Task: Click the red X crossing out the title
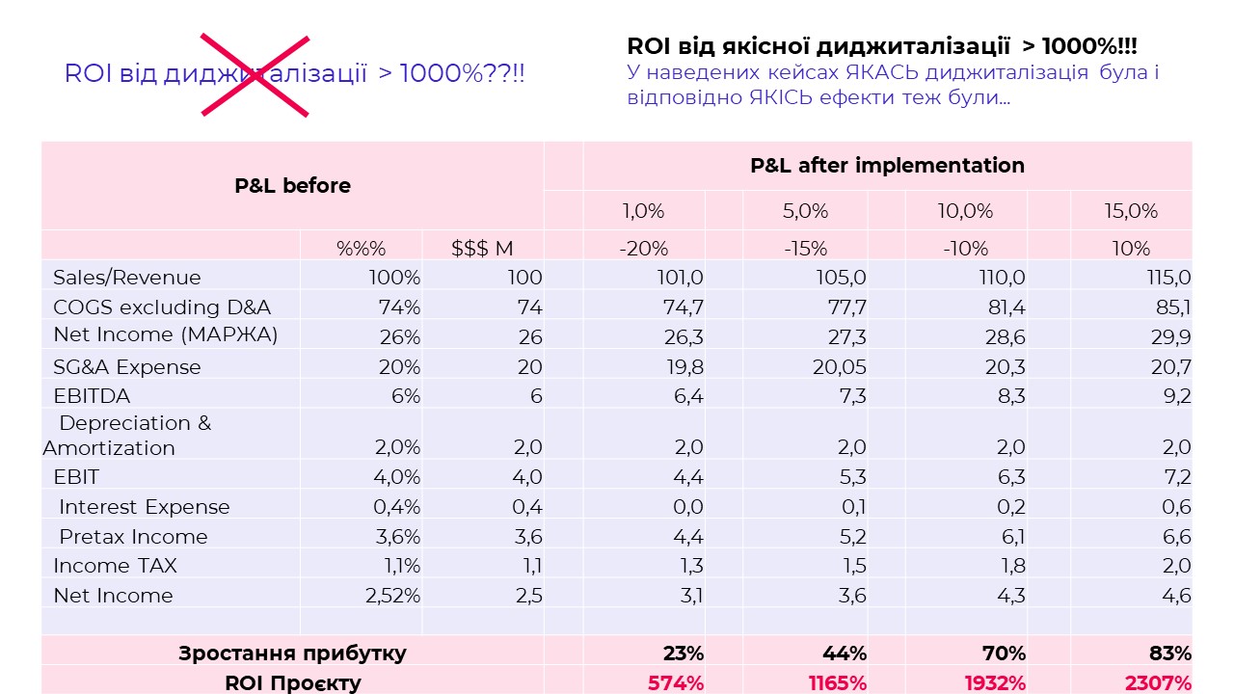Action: point(255,75)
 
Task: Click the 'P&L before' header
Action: point(292,186)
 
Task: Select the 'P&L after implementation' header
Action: point(887,165)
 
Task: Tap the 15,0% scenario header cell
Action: point(1131,211)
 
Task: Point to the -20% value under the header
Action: point(643,249)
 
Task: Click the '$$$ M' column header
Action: point(482,249)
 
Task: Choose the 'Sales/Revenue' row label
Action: point(127,278)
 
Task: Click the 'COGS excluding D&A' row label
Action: point(162,307)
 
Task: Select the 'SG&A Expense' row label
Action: point(127,367)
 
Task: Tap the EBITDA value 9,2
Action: point(1178,396)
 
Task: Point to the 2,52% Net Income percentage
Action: point(392,596)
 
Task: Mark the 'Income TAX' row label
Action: point(116,566)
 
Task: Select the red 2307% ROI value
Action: point(1158,683)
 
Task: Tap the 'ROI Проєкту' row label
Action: point(292,683)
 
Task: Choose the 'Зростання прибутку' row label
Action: point(292,654)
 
